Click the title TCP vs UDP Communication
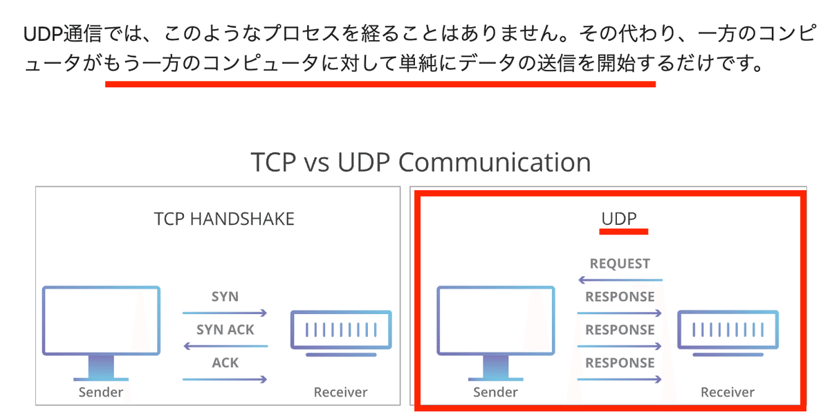point(421,162)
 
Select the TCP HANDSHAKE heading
point(224,219)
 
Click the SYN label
point(225,297)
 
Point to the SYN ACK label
point(225,330)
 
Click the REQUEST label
point(620,264)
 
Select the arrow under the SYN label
point(225,313)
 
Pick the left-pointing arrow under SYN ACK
point(225,346)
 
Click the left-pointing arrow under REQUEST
point(620,280)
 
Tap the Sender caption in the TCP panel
point(100,392)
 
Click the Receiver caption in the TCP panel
point(340,392)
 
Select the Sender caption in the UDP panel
point(495,392)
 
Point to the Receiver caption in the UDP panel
point(727,392)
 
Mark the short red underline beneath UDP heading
point(623,232)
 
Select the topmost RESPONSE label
point(620,297)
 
